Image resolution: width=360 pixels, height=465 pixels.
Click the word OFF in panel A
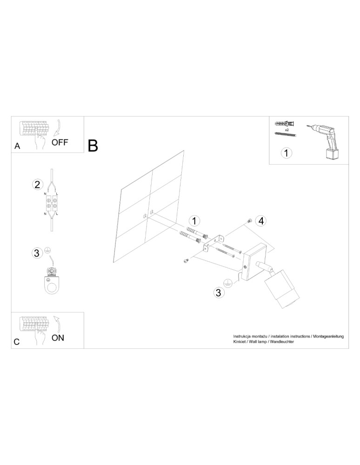[60, 143]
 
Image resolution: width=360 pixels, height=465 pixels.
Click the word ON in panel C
[58, 338]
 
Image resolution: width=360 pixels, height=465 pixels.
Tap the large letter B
[93, 146]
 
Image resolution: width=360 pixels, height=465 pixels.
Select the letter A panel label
[17, 146]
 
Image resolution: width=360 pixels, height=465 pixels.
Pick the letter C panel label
[17, 342]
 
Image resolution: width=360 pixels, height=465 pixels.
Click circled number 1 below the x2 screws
[287, 152]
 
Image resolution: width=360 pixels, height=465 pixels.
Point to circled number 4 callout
[261, 221]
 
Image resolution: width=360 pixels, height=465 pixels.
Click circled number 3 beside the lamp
[218, 292]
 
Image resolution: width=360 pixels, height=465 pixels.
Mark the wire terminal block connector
[52, 203]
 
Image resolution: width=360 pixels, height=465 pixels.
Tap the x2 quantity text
[286, 129]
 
